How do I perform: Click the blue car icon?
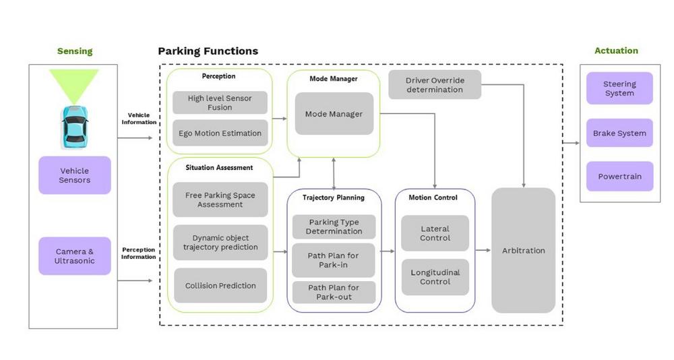[75, 127]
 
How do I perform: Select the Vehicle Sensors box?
[75, 175]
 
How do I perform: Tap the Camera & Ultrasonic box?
[75, 256]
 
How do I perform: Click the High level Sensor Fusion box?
[220, 102]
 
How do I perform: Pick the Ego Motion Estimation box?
[220, 133]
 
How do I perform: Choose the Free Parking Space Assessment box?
[220, 200]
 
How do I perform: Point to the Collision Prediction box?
[220, 286]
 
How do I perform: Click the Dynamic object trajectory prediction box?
[220, 243]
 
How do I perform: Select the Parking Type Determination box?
[334, 227]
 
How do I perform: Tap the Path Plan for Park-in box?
[334, 260]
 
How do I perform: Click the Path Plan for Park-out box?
[334, 293]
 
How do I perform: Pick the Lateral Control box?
[435, 233]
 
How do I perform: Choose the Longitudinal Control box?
[435, 277]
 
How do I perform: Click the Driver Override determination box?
[435, 85]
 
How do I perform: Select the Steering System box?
[619, 88]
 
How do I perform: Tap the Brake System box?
[619, 133]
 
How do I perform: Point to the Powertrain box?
[620, 177]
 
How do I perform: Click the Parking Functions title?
[208, 51]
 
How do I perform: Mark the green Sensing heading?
[75, 51]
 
